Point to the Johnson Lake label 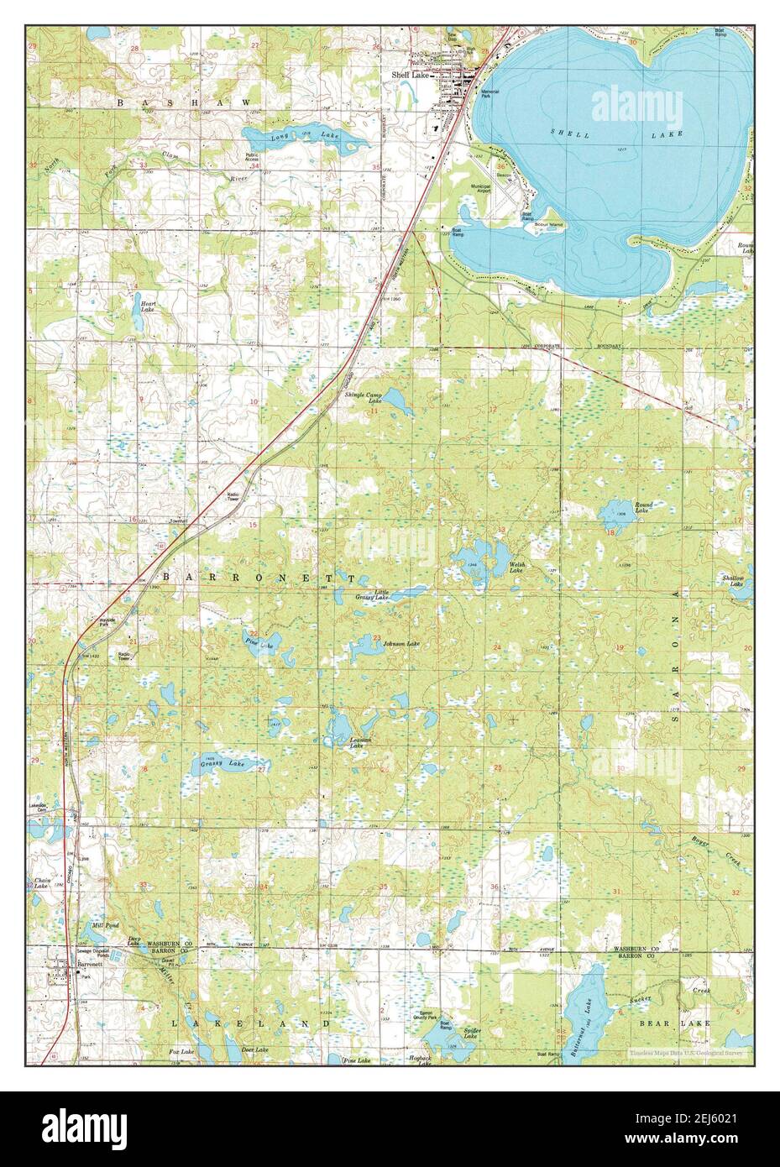click(x=400, y=644)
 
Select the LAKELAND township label click(x=249, y=1023)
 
